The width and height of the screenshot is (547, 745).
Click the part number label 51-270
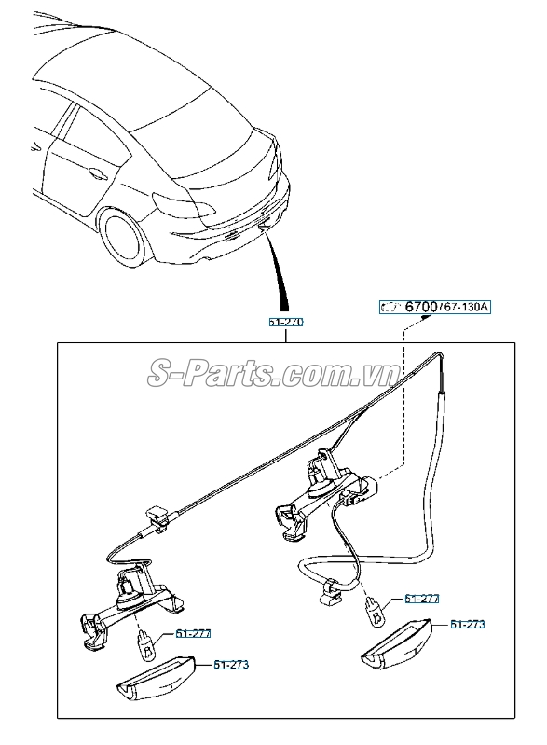coord(286,321)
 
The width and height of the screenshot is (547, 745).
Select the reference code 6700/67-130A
coord(435,306)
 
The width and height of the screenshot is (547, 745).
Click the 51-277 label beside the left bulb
coord(194,633)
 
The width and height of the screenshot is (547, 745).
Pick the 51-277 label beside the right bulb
coord(421,599)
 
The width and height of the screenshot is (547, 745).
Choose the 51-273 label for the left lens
coord(231,665)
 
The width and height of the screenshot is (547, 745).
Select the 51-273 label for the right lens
coord(468,624)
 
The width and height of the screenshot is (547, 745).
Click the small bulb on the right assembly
coord(375,611)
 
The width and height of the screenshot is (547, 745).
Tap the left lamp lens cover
coord(155,680)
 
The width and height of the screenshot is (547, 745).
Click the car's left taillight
coord(177,203)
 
